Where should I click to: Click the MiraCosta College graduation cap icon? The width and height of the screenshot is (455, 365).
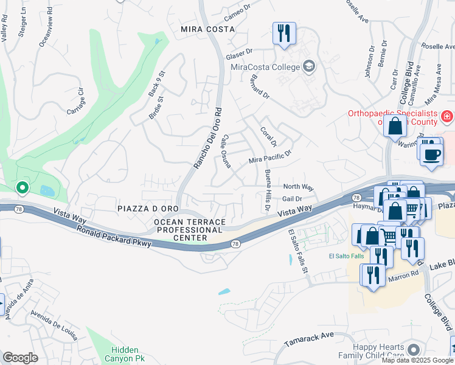tap(309, 66)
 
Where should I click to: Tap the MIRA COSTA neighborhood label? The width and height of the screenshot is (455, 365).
tap(207, 29)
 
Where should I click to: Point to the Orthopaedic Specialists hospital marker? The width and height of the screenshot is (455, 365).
tap(447, 115)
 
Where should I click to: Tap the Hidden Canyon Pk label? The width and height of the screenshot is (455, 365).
tap(128, 354)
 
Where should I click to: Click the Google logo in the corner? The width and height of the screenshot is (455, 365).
tap(20, 357)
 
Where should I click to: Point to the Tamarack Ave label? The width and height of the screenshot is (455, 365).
tap(311, 335)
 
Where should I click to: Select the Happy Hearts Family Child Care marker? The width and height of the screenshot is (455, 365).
tap(414, 349)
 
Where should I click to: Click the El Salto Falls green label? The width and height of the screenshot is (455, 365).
tap(347, 255)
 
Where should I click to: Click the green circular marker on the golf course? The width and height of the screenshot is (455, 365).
tap(22, 188)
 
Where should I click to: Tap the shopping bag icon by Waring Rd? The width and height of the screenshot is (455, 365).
tap(395, 127)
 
